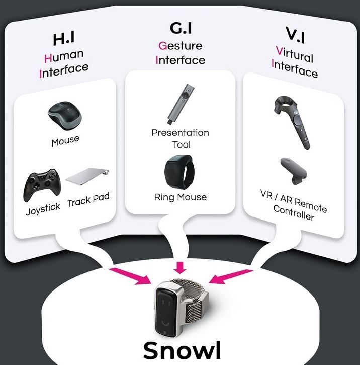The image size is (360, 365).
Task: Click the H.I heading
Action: pos(64,39)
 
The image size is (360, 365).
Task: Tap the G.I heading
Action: pos(181,28)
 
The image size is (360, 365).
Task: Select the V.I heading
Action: pos(295,35)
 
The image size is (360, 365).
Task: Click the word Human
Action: pos(64,56)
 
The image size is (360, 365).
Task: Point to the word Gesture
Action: pos(181,46)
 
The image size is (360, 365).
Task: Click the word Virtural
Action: pos(295,54)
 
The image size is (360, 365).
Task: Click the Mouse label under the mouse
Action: pos(65,141)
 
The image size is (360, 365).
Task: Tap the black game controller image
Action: pos(42,185)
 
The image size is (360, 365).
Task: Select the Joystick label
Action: pos(43,209)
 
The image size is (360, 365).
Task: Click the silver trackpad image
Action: pos(87,177)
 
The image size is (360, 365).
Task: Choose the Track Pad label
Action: pos(88,200)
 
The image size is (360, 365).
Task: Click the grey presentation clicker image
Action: pos(181,104)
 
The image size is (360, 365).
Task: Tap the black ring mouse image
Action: pos(178,171)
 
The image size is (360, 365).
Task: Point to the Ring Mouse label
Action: pos(181,197)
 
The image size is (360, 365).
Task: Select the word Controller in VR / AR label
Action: pos(294,213)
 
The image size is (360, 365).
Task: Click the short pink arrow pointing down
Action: pos(180,267)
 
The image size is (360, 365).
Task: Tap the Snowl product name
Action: pos(182,350)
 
